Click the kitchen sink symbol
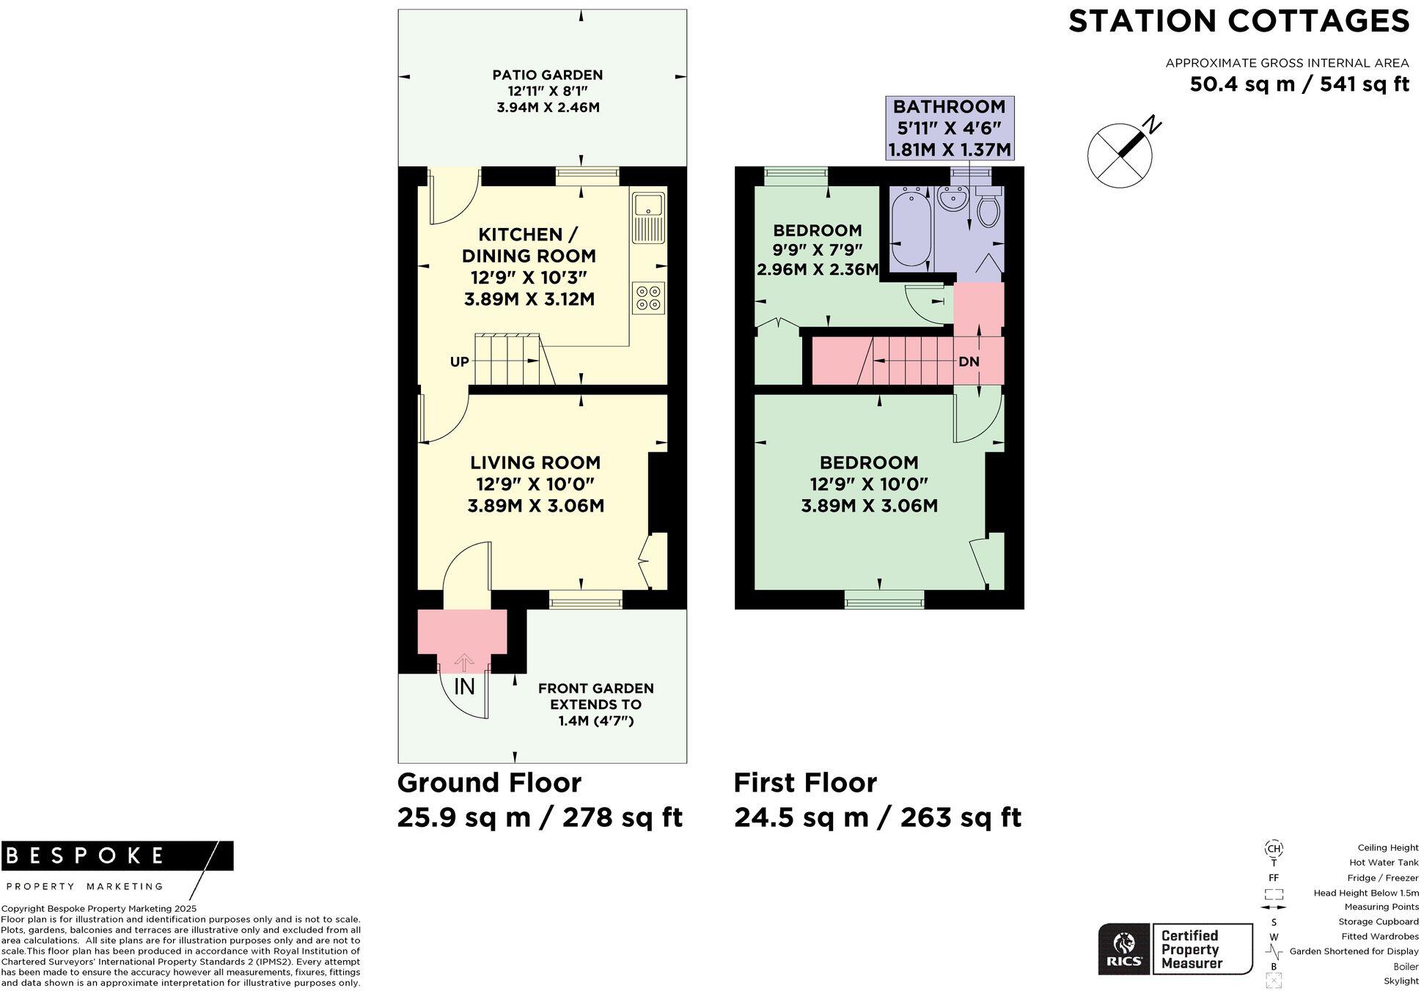(648, 217)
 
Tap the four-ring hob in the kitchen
(648, 298)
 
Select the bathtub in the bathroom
(911, 229)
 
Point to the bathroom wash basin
(953, 199)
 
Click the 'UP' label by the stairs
(460, 361)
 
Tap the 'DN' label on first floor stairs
(969, 361)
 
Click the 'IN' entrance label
(464, 687)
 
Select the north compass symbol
(1120, 155)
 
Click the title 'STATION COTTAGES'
(1238, 21)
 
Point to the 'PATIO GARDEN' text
(547, 75)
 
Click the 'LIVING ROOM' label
(535, 463)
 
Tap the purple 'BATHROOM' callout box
(950, 128)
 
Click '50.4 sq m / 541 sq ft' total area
(1299, 84)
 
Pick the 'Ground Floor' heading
(489, 783)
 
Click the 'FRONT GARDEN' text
(595, 688)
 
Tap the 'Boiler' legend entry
(1406, 966)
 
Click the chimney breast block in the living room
(658, 491)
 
